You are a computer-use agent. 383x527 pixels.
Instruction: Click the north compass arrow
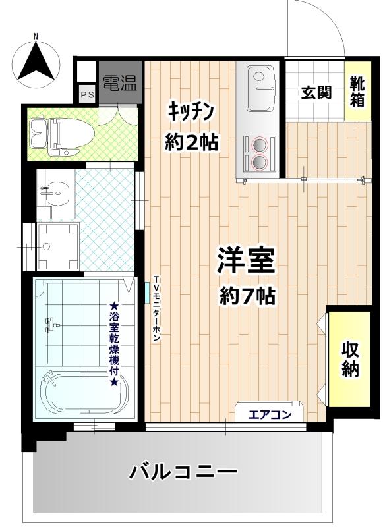click(36, 63)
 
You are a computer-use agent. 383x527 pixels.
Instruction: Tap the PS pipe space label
click(88, 95)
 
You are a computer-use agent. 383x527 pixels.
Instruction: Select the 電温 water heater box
click(121, 83)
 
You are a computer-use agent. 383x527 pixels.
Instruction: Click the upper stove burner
click(259, 145)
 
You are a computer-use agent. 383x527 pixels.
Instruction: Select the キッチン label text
click(191, 111)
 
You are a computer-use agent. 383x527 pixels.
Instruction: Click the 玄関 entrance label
click(316, 92)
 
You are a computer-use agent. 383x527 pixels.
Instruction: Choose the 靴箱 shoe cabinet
click(358, 91)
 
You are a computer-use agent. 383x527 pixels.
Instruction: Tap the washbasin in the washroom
click(56, 193)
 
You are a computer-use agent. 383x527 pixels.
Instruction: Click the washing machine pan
click(58, 246)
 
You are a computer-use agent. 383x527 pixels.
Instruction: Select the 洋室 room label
click(246, 261)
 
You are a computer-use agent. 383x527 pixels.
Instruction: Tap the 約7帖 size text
click(248, 296)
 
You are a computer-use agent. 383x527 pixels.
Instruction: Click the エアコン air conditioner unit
click(269, 411)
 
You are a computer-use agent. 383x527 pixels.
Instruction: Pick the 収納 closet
click(349, 359)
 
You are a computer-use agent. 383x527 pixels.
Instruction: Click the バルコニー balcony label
click(183, 472)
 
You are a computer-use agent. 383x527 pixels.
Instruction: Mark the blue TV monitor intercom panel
click(147, 292)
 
